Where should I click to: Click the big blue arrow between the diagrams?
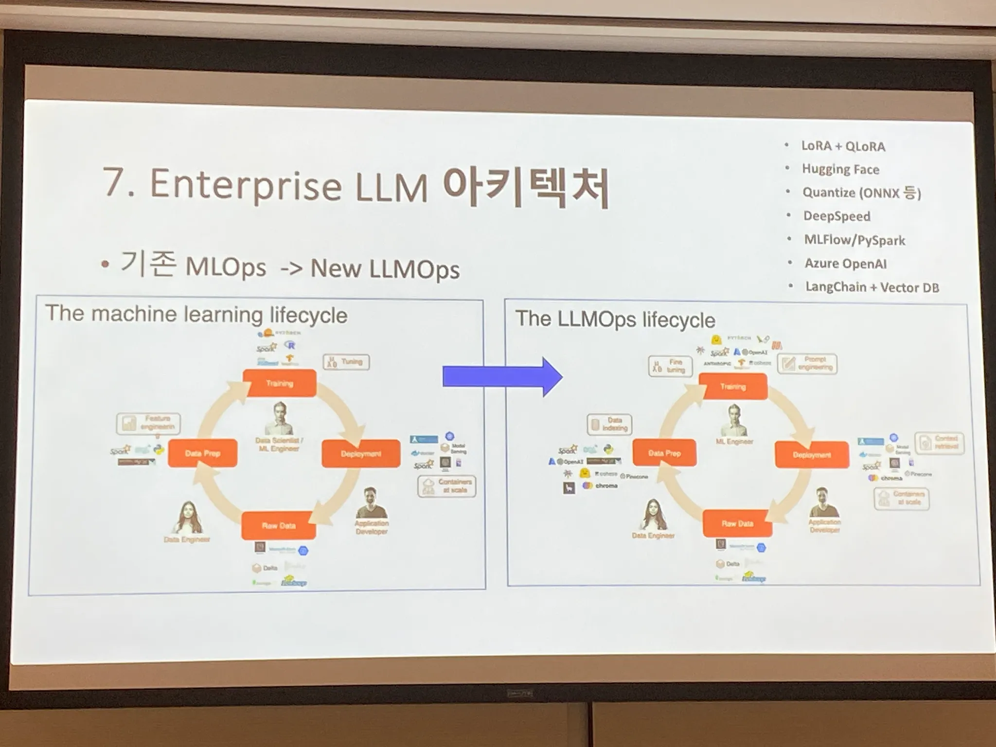pos(501,377)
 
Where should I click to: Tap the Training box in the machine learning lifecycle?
pos(280,383)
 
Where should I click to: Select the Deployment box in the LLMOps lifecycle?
pos(812,455)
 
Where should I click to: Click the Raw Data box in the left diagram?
pos(279,525)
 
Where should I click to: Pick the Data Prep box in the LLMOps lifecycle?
pos(664,453)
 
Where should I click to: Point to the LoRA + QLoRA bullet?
pos(843,146)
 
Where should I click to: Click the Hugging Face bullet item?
pos(840,169)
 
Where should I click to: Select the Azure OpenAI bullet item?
pos(845,264)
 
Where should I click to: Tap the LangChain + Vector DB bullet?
pos(872,287)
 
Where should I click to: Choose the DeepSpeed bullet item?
pos(836,216)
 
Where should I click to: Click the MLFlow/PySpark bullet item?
pos(854,240)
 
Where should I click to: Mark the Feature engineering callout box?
pos(148,423)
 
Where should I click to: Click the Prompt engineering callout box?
pos(807,364)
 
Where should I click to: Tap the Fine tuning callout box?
pos(670,366)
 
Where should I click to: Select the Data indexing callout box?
pos(609,424)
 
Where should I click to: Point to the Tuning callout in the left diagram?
pos(346,362)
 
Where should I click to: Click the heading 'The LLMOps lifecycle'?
pos(615,320)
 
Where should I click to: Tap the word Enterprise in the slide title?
pos(246,185)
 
